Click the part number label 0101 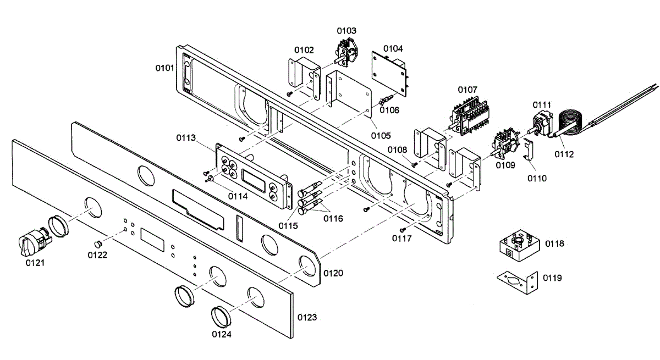coord(165,68)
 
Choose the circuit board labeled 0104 coord(390,70)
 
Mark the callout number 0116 coord(333,219)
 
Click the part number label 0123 coord(307,318)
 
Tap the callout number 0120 coord(333,273)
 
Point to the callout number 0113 coord(186,138)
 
